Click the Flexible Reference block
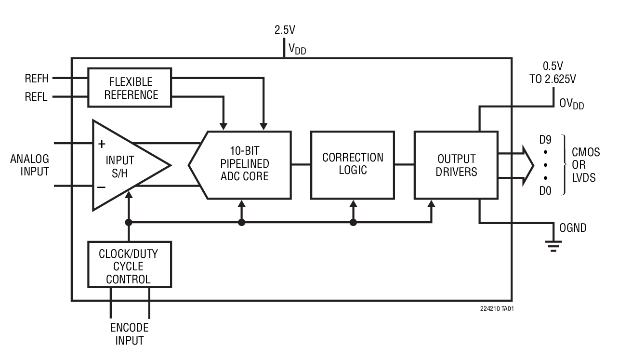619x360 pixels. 130,87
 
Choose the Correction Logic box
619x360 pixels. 353,164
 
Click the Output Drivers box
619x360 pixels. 456,164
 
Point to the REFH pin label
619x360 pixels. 37,78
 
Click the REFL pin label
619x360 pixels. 37,97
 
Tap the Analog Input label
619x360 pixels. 29,165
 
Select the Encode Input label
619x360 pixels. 130,334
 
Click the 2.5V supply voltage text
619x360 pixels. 285,30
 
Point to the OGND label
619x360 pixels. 573,228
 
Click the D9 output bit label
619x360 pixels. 545,140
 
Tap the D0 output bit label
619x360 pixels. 545,191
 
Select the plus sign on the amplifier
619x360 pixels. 102,144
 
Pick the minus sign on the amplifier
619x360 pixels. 102,187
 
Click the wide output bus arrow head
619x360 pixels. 528,165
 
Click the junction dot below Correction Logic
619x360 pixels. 353,223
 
